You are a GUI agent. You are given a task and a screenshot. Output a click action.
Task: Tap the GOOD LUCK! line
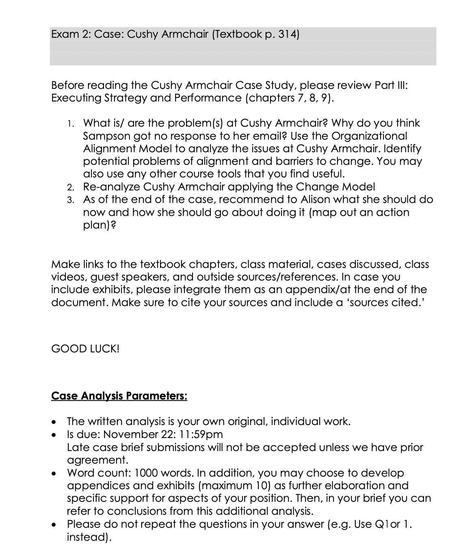coord(85,349)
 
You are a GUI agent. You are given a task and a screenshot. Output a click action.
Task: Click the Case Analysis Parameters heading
coord(119,396)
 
